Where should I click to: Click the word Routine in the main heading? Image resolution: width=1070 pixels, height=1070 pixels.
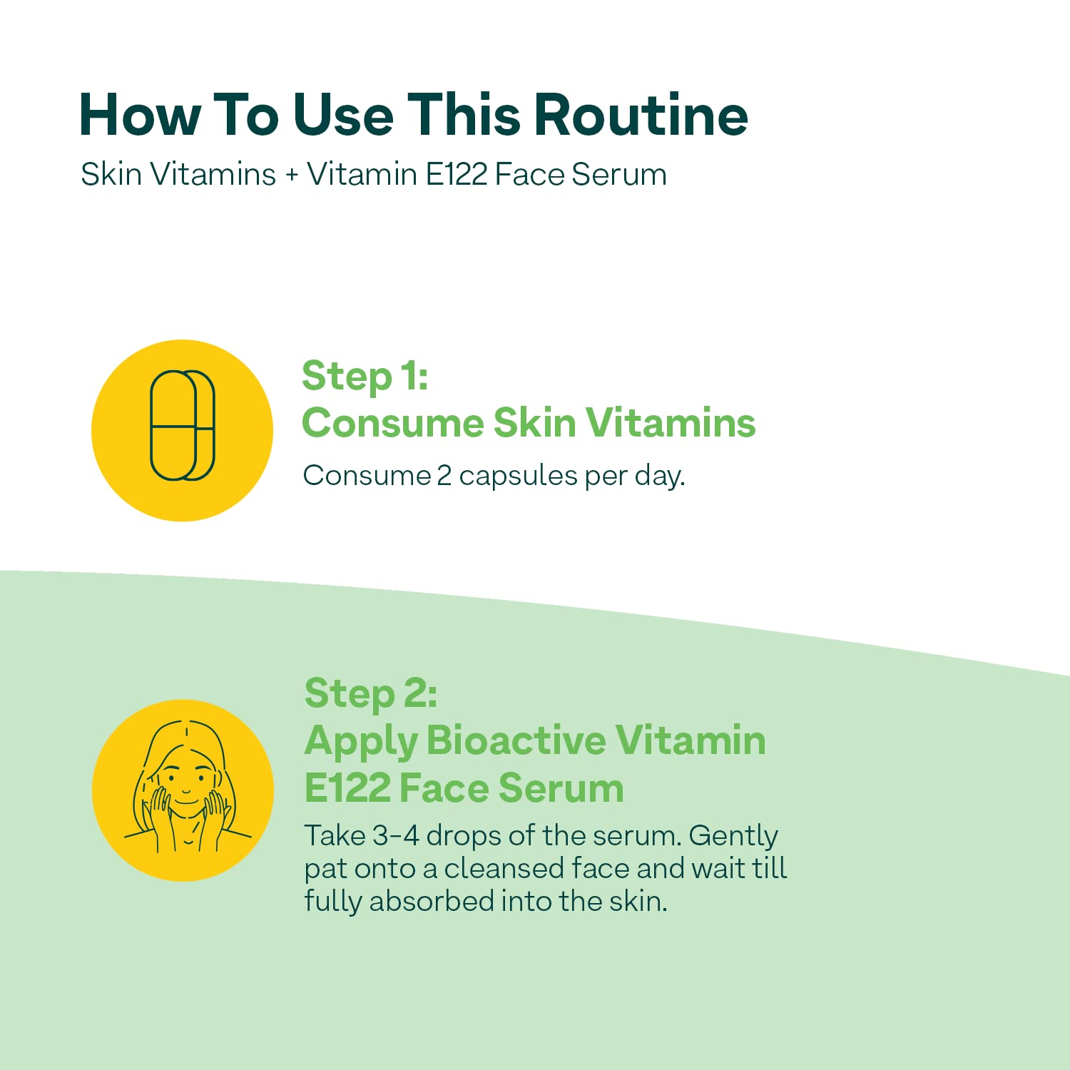pyautogui.click(x=641, y=115)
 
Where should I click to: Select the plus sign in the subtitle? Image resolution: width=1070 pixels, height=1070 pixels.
pyautogui.click(x=291, y=175)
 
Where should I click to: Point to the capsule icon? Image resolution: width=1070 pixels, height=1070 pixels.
pyautogui.click(x=182, y=425)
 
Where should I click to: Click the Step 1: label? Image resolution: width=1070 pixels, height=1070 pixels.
pyautogui.click(x=365, y=377)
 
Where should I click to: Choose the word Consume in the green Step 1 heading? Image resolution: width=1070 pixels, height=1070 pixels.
pyautogui.click(x=393, y=423)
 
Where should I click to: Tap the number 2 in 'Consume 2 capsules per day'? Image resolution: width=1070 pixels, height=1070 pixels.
pyautogui.click(x=444, y=476)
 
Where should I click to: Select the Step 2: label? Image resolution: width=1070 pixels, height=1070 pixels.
pyautogui.click(x=371, y=694)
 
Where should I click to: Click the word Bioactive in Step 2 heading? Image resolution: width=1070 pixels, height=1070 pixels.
pyautogui.click(x=516, y=740)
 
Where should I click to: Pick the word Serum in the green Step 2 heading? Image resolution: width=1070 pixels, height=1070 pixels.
pyautogui.click(x=561, y=788)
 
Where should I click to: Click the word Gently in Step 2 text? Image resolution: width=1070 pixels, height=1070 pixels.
pyautogui.click(x=733, y=837)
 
